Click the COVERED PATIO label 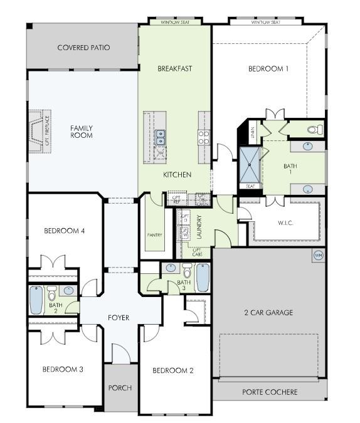click(83, 48)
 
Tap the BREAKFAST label click(174, 68)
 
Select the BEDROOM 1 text click(268, 69)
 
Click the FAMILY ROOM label click(82, 132)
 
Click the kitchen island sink click(161, 133)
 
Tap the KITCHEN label click(177, 174)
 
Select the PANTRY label click(154, 235)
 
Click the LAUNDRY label click(199, 225)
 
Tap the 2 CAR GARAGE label click(268, 313)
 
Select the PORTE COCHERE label click(270, 392)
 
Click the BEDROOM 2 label click(173, 370)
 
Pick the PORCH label click(120, 388)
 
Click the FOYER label click(119, 318)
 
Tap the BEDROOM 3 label click(63, 369)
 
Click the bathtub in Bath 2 click(36, 300)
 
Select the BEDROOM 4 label click(64, 231)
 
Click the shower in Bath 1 click(250, 164)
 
